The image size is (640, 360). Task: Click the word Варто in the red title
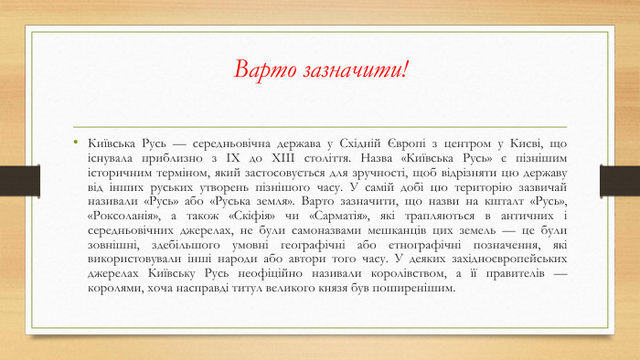(x=263, y=69)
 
